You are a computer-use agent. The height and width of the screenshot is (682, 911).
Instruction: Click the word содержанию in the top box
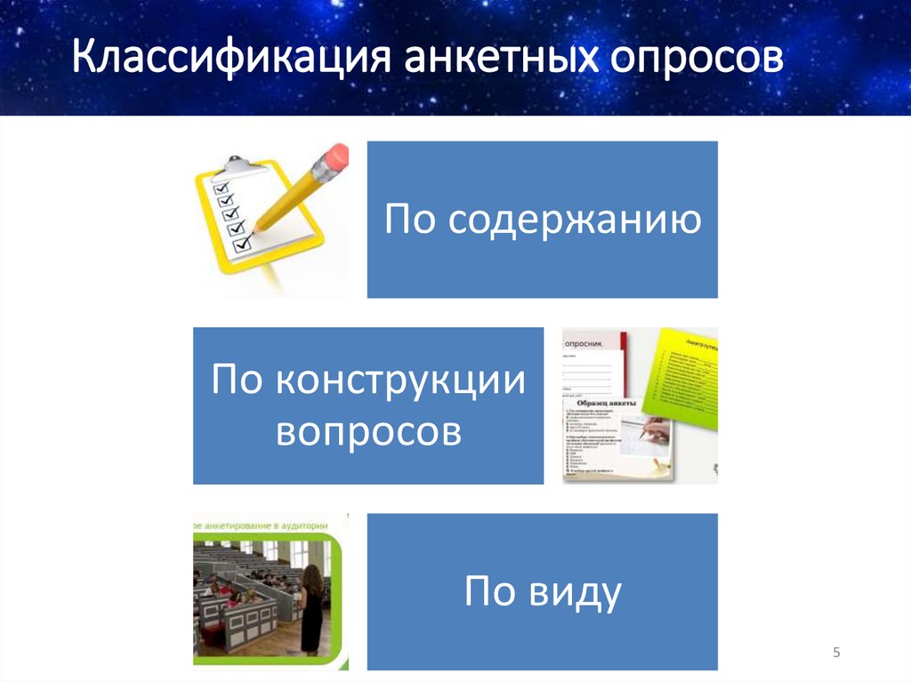pyautogui.click(x=574, y=221)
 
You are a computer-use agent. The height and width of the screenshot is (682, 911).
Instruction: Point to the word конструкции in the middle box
pyautogui.click(x=399, y=382)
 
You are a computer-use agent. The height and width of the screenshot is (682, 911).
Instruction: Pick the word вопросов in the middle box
pyautogui.click(x=368, y=432)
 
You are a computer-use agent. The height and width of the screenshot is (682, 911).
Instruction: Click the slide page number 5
pyautogui.click(x=836, y=654)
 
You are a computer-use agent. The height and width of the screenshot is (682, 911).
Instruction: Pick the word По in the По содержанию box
pyautogui.click(x=410, y=221)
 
